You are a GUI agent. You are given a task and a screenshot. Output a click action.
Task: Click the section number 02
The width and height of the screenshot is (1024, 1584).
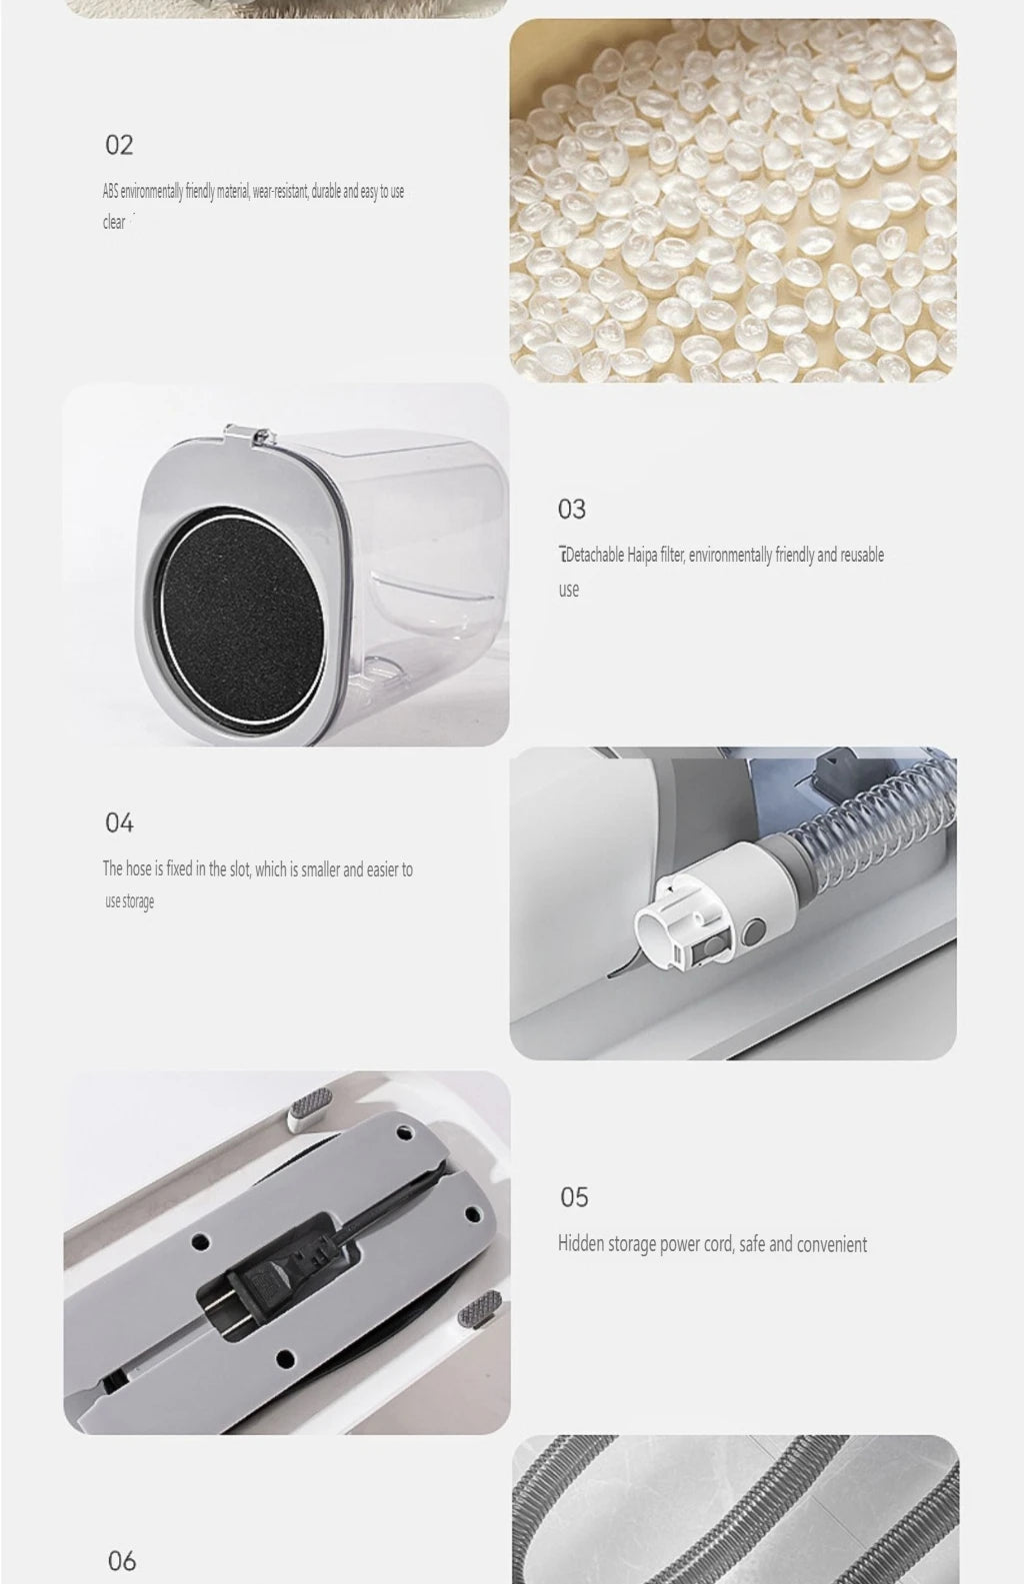point(119,145)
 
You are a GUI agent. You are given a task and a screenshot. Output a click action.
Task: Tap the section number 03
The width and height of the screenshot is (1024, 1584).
point(572,509)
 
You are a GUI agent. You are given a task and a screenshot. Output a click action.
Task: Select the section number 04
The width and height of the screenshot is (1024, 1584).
point(119,823)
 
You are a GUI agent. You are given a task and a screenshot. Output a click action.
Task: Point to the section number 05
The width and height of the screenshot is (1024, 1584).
point(574,1197)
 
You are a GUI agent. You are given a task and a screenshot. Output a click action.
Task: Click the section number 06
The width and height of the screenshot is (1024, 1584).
point(122,1561)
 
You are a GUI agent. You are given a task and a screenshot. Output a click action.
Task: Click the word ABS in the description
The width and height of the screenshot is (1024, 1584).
point(110,191)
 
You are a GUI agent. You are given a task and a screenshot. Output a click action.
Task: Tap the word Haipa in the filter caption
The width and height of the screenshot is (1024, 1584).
point(643,555)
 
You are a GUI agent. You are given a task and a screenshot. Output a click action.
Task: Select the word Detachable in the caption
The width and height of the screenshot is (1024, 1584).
point(595,555)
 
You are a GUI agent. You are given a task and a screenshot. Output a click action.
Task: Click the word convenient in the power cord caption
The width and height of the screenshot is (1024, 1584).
point(832,1244)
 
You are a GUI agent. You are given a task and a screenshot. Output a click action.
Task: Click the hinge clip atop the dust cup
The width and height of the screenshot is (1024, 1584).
point(247,434)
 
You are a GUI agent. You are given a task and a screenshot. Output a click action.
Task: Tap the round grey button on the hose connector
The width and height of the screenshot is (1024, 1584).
point(753,932)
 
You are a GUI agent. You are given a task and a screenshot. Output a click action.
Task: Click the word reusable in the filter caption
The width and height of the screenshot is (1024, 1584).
point(862,555)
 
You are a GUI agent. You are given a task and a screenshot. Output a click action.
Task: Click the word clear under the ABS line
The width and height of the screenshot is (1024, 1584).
point(114,222)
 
